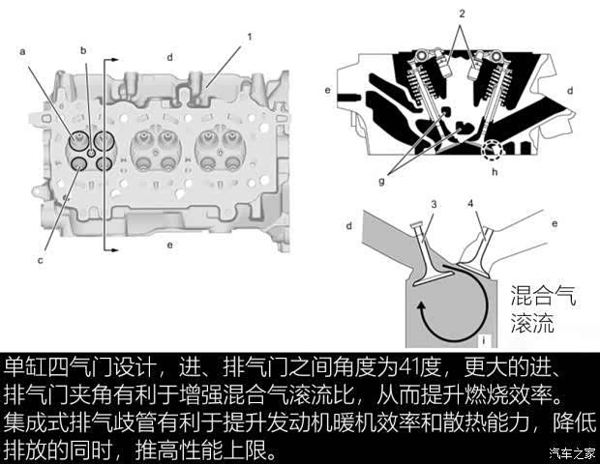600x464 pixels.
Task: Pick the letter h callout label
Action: click(x=495, y=174)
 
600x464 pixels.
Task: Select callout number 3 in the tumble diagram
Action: click(x=434, y=204)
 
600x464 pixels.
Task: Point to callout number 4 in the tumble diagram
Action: click(x=471, y=204)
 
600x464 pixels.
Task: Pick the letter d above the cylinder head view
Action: click(x=169, y=58)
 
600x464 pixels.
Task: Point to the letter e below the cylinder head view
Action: click(x=169, y=245)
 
